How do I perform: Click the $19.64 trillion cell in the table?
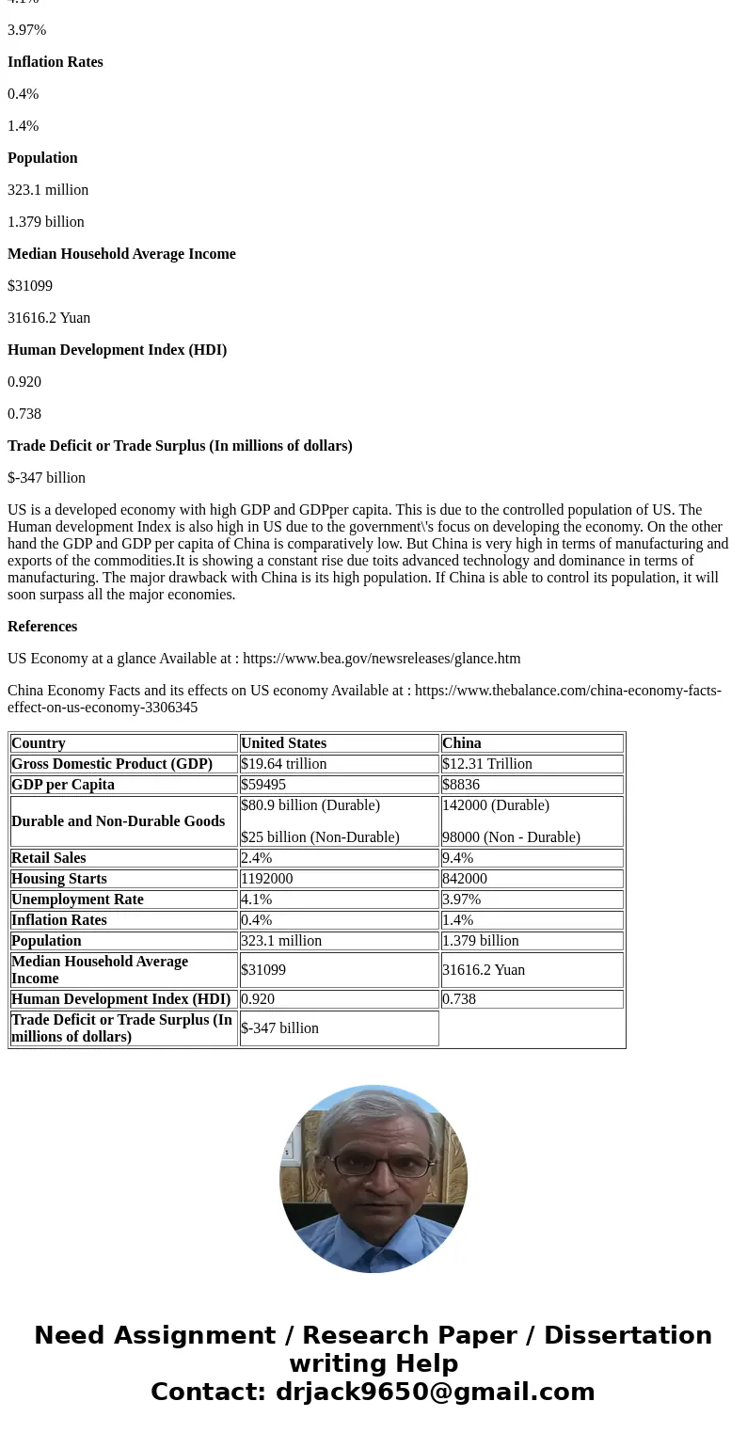pyautogui.click(x=284, y=764)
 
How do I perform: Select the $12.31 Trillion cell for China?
pyautogui.click(x=487, y=764)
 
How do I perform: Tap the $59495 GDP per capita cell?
pyautogui.click(x=263, y=785)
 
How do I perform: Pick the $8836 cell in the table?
pyautogui.click(x=461, y=785)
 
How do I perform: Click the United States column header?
pyautogui.click(x=283, y=743)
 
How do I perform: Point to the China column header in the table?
pyautogui.click(x=461, y=743)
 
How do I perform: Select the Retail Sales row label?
pyautogui.click(x=49, y=858)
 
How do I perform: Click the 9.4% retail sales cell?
pyautogui.click(x=458, y=858)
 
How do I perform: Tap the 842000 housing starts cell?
pyautogui.click(x=465, y=879)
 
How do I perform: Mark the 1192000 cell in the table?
pyautogui.click(x=267, y=879)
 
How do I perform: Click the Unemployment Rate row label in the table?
pyautogui.click(x=77, y=900)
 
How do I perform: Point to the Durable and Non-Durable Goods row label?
pyautogui.click(x=118, y=821)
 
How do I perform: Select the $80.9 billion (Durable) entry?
pyautogui.click(x=310, y=805)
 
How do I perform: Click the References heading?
pyautogui.click(x=42, y=627)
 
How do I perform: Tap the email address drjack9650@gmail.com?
pyautogui.click(x=435, y=1393)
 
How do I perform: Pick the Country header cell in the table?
pyautogui.click(x=39, y=743)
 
